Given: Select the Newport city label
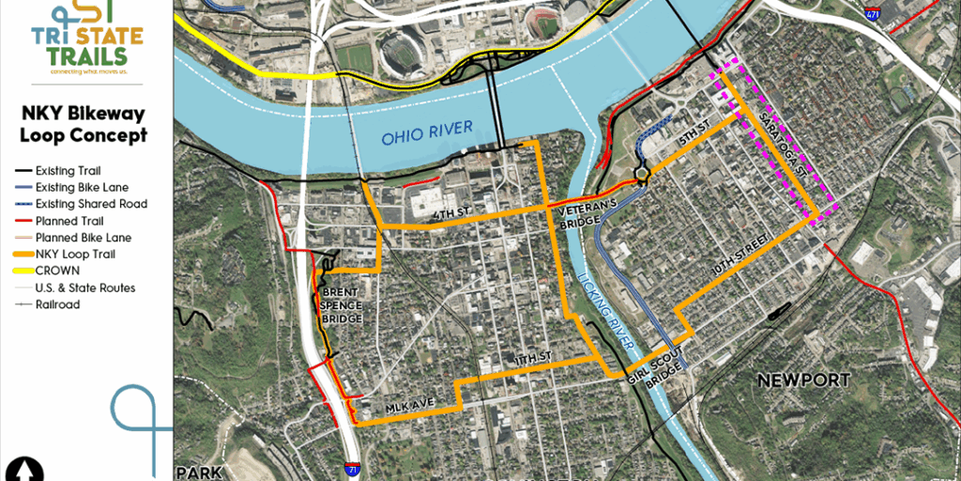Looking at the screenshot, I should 804,380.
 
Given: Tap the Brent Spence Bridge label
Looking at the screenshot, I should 342,305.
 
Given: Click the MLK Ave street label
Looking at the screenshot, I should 410,404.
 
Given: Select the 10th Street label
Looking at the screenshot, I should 747,254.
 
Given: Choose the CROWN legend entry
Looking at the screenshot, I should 58,271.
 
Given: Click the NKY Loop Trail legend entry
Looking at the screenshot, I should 75,254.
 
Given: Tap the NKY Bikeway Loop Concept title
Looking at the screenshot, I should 84,124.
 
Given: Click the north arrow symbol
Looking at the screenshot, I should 25,468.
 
